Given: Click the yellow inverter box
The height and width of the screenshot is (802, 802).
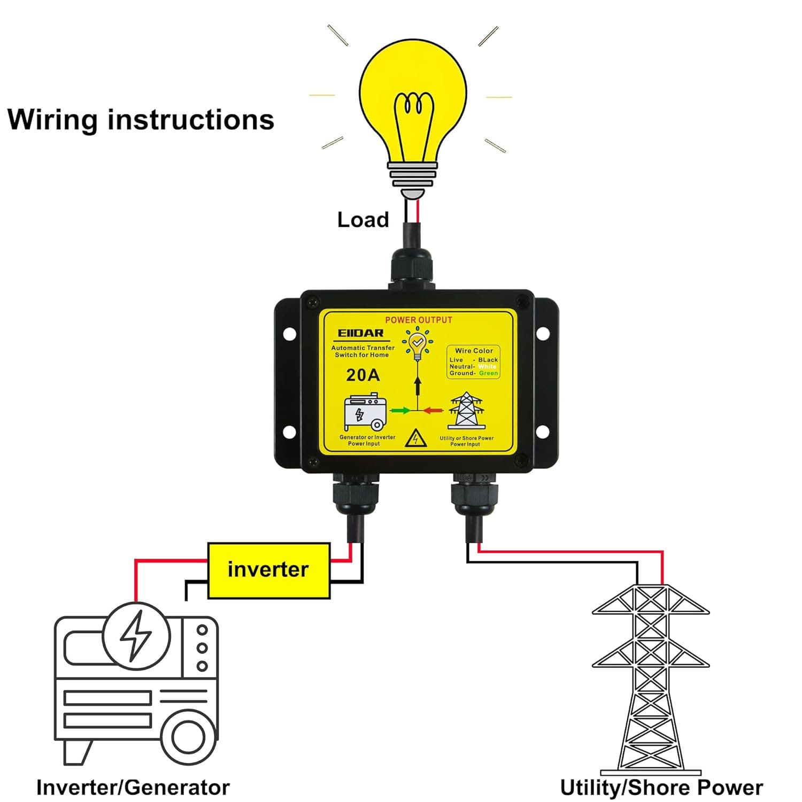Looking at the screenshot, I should pyautogui.click(x=268, y=570).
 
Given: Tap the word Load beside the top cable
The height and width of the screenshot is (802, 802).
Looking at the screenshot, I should pyautogui.click(x=363, y=220).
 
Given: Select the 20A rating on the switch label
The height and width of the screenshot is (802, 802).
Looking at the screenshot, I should pyautogui.click(x=363, y=375).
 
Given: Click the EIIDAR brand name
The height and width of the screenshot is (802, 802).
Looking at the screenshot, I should pyautogui.click(x=361, y=333).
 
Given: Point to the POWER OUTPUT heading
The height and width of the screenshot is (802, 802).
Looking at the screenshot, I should pyautogui.click(x=419, y=320).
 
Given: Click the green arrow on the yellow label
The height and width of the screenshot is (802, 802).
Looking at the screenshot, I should pyautogui.click(x=400, y=411).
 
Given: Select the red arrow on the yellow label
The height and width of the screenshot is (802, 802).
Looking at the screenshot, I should pyautogui.click(x=434, y=411).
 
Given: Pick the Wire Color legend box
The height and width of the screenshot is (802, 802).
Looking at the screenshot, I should pyautogui.click(x=474, y=362).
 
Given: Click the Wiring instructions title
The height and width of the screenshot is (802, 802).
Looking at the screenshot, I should pyautogui.click(x=141, y=119).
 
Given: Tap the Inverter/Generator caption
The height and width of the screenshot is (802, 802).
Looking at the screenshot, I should pyautogui.click(x=133, y=787).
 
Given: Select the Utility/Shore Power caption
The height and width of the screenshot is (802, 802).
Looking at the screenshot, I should pyautogui.click(x=661, y=787).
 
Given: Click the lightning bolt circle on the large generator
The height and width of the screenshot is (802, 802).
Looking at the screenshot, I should pyautogui.click(x=137, y=636).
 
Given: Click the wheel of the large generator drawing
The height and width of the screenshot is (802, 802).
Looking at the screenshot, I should pyautogui.click(x=188, y=737).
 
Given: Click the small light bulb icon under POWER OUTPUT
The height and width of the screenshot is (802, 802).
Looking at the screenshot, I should pyautogui.click(x=417, y=345).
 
